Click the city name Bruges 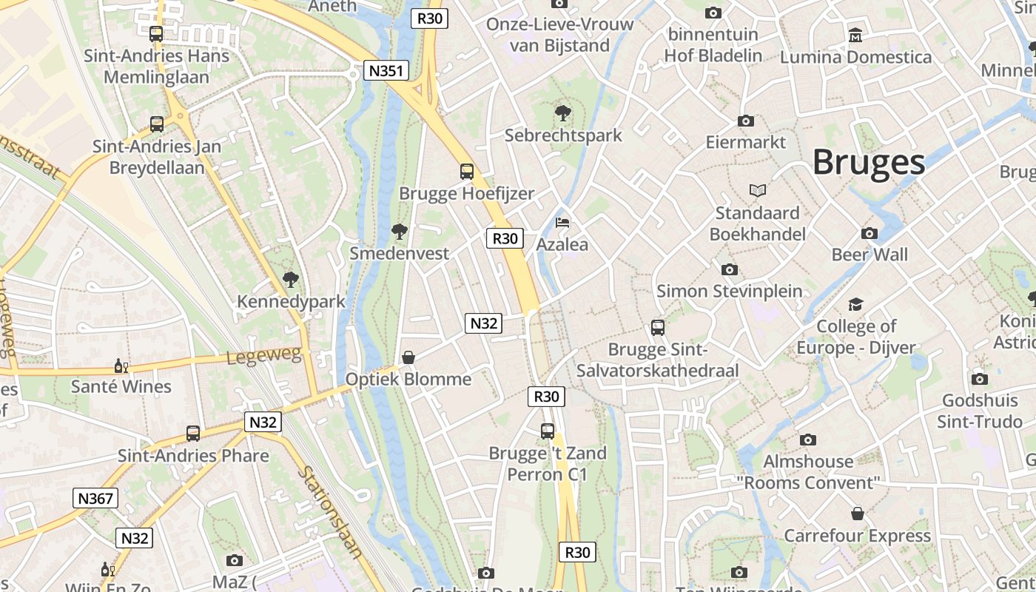pos(869,163)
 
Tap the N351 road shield pos(387,71)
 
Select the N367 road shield pos(96,498)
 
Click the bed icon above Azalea pos(562,222)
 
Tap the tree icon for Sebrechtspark pos(562,113)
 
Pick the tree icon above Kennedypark pos(291,280)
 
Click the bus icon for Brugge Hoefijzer pos(467,172)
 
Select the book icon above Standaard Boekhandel pos(757,191)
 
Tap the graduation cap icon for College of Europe pos(856,304)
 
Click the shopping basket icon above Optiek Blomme pos(408,357)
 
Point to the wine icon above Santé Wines pos(121,366)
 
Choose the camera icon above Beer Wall pos(869,234)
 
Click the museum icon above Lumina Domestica pos(855,35)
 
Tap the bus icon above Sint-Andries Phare pos(193,434)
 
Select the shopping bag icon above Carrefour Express pos(857,514)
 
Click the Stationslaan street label pos(331,511)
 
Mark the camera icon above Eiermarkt pos(745,121)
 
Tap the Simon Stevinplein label pos(729,291)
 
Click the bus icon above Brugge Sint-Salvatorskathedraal pos(657,327)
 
